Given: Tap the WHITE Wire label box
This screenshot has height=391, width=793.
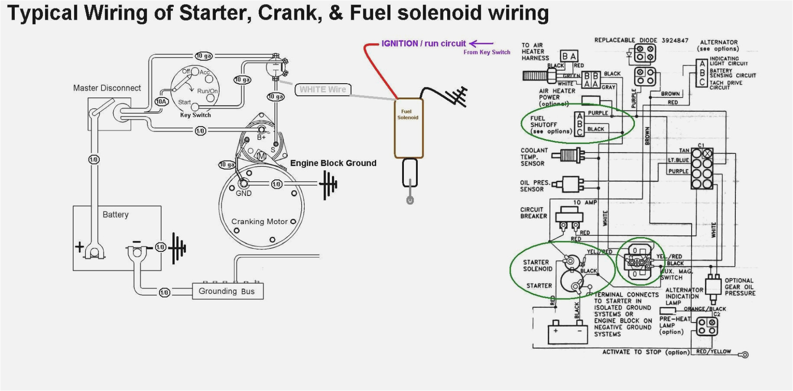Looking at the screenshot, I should (323, 89).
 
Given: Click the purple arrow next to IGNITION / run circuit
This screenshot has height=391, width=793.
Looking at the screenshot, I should (481, 43).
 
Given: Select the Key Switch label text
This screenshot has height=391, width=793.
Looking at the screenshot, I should (195, 115).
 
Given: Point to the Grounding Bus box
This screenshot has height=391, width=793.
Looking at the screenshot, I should (227, 291).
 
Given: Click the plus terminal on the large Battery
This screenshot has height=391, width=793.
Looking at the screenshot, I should (80, 246).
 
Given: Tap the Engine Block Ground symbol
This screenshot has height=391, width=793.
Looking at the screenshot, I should (328, 184).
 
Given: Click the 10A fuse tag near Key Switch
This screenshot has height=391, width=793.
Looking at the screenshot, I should (161, 102).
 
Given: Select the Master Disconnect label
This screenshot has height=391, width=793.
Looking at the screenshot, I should (107, 88).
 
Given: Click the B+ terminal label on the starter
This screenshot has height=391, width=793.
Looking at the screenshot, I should (261, 137).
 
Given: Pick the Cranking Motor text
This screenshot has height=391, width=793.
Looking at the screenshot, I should (259, 221).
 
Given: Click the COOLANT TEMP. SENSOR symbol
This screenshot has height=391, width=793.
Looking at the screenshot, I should (569, 156).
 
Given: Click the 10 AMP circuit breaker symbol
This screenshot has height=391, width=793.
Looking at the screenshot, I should (569, 217).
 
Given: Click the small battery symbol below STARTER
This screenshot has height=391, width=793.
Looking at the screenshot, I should (567, 334).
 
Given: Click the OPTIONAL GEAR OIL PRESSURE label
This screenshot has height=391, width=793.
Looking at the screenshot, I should (740, 287).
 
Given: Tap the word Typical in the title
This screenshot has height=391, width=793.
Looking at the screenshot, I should (43, 13).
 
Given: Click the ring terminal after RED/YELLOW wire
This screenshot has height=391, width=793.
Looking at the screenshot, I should (744, 355).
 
